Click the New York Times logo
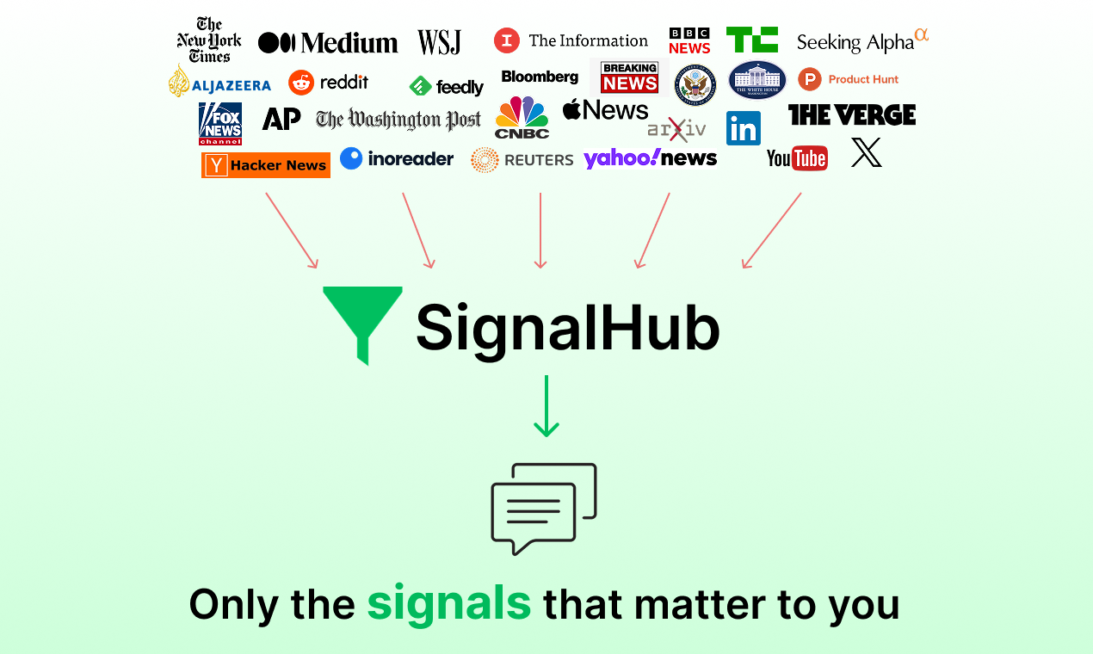[x=209, y=40]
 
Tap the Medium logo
[x=328, y=43]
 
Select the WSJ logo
[x=440, y=42]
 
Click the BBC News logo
[x=689, y=40]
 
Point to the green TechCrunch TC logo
[x=752, y=40]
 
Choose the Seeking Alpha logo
[x=861, y=41]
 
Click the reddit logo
[x=329, y=83]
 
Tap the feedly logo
[x=446, y=86]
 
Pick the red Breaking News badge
[x=629, y=77]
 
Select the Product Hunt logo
[x=849, y=79]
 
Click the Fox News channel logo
[x=220, y=124]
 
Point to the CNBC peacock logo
[x=522, y=118]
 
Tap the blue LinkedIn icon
[x=744, y=128]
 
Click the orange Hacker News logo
[x=265, y=165]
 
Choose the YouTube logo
[x=797, y=158]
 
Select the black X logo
[x=867, y=152]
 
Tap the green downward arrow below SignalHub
[x=546, y=405]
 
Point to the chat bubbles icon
[x=544, y=509]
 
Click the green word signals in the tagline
[x=448, y=603]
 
